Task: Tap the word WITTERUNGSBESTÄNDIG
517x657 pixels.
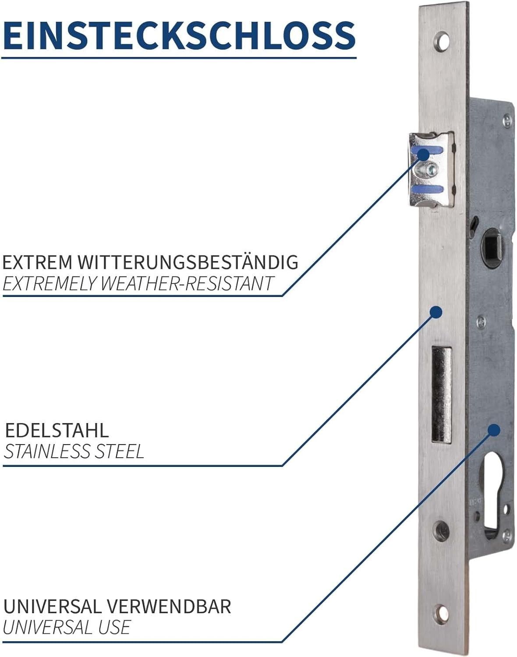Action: tap(188, 262)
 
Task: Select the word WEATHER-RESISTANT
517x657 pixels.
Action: tap(186, 283)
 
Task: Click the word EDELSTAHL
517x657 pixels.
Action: tap(57, 431)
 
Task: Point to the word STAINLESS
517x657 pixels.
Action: tap(47, 452)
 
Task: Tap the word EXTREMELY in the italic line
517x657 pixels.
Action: tap(50, 283)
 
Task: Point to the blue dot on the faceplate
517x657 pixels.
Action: tap(436, 312)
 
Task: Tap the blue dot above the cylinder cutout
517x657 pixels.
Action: tap(494, 431)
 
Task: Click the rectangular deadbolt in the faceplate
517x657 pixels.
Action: tap(442, 395)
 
